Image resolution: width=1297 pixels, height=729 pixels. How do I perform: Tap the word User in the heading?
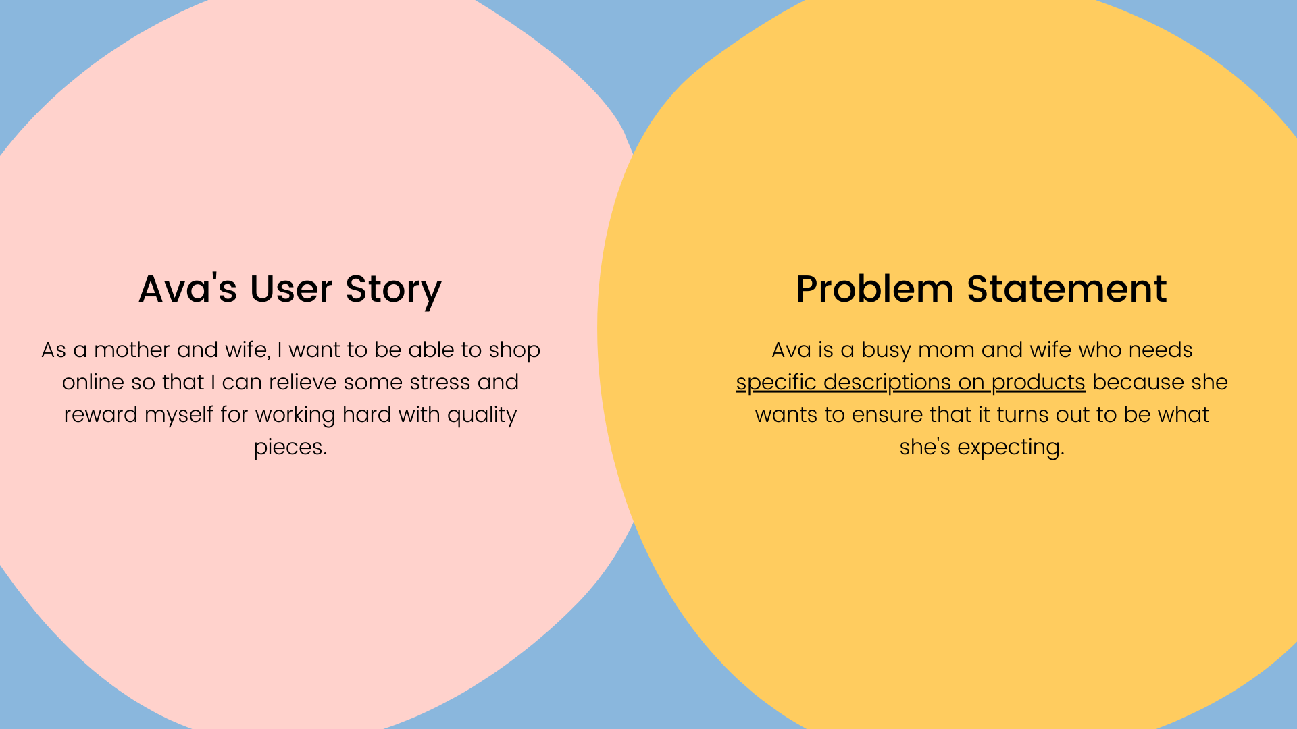(x=291, y=288)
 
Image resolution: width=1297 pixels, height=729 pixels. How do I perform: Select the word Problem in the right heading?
(x=875, y=288)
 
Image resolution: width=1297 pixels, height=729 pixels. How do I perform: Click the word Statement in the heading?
(x=1067, y=288)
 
